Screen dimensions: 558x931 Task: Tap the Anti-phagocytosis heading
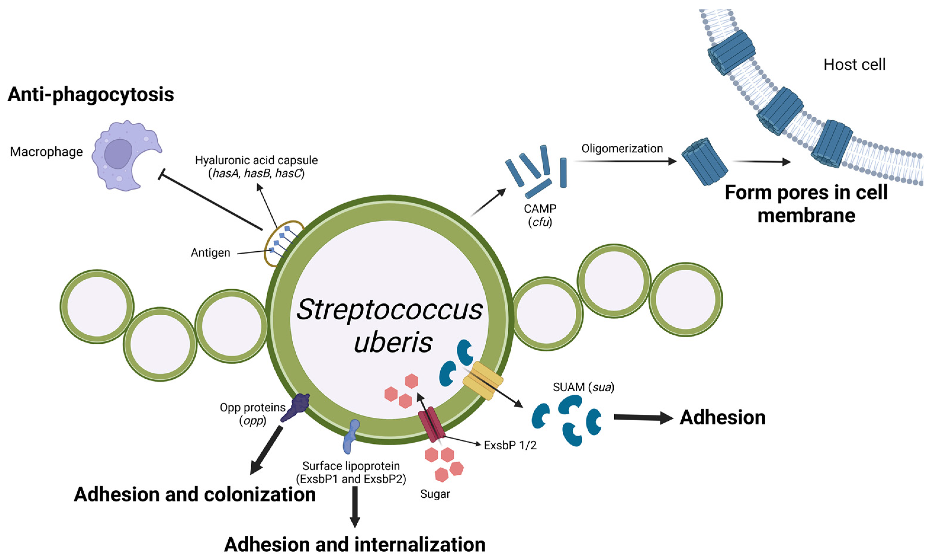[x=91, y=94]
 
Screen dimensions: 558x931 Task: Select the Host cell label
[x=854, y=65]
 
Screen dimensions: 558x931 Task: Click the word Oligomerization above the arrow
[x=622, y=149]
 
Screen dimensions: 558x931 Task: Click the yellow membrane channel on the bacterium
[x=483, y=380]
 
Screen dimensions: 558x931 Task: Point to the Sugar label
[x=435, y=494]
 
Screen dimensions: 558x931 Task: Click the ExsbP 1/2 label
[x=510, y=446]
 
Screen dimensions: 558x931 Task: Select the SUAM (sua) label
[x=583, y=387]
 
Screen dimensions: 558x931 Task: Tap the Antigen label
[x=210, y=253]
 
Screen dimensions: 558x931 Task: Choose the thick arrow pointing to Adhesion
[x=643, y=417]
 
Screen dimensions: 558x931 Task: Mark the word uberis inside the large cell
[x=393, y=342]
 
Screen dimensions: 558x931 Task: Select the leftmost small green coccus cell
[x=97, y=306]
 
